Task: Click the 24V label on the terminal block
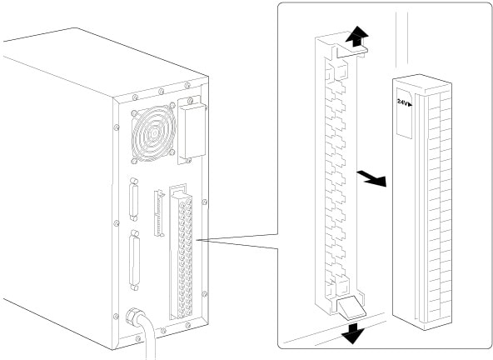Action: tap(404, 102)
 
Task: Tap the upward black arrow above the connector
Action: tap(356, 36)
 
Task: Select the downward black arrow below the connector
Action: tap(353, 333)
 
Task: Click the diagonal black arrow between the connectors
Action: tap(372, 177)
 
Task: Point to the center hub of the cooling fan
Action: tap(154, 133)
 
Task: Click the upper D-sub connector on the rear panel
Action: tap(133, 199)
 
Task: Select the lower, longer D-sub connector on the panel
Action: tap(135, 260)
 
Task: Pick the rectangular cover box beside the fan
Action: tap(192, 131)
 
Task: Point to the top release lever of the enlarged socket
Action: tap(351, 52)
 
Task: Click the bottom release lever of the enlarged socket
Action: tap(351, 307)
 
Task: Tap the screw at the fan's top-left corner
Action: tap(134, 112)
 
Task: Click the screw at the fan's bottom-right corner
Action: tap(172, 152)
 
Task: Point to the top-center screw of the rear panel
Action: tap(161, 92)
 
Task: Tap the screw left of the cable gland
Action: tap(116, 317)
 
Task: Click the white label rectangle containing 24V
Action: tap(405, 112)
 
